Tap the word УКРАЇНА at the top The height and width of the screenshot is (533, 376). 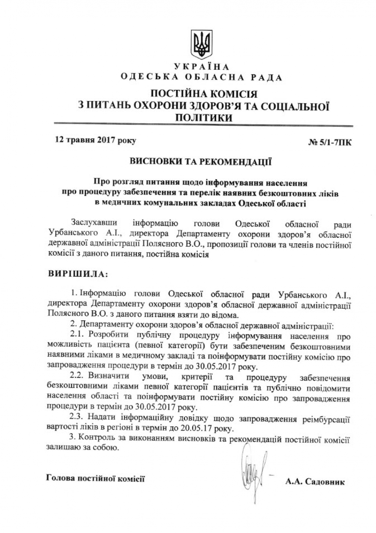coord(202,67)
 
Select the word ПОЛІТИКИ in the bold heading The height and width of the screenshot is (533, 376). coord(203,118)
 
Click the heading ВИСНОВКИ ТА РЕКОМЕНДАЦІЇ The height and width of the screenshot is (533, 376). coord(201,162)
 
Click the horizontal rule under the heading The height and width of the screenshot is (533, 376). coord(203,125)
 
